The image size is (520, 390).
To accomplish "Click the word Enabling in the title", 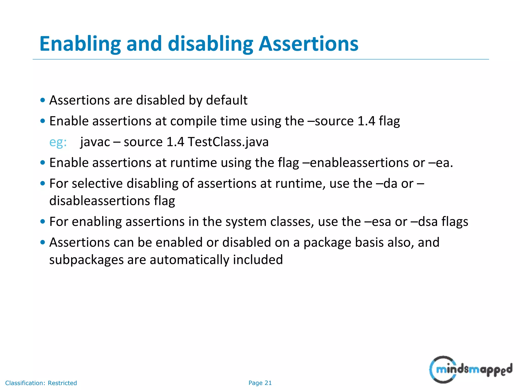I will pyautogui.click(x=80, y=44).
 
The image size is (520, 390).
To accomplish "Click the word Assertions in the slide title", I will pyautogui.click(x=308, y=44).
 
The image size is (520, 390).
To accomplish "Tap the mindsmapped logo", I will pyautogui.click(x=470, y=369).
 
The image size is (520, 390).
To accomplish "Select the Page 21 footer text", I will pyautogui.click(x=260, y=383).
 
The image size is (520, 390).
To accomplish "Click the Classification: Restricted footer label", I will pyautogui.click(x=41, y=383).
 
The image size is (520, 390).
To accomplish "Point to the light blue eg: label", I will pyautogui.click(x=58, y=142).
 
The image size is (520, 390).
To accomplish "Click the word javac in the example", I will pyautogui.click(x=95, y=142).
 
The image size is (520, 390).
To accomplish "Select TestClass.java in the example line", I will pyautogui.click(x=228, y=142).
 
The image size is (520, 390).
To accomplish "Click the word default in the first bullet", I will pyautogui.click(x=226, y=100).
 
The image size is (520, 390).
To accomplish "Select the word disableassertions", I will pyautogui.click(x=100, y=201).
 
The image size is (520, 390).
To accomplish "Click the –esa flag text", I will pyautogui.click(x=377, y=222).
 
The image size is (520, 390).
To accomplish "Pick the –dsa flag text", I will pyautogui.click(x=424, y=222).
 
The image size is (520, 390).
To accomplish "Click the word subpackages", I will pyautogui.click(x=86, y=260).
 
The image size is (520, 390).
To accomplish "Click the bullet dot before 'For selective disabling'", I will pyautogui.click(x=43, y=183).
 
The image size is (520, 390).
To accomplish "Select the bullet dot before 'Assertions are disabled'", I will pyautogui.click(x=43, y=100).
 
